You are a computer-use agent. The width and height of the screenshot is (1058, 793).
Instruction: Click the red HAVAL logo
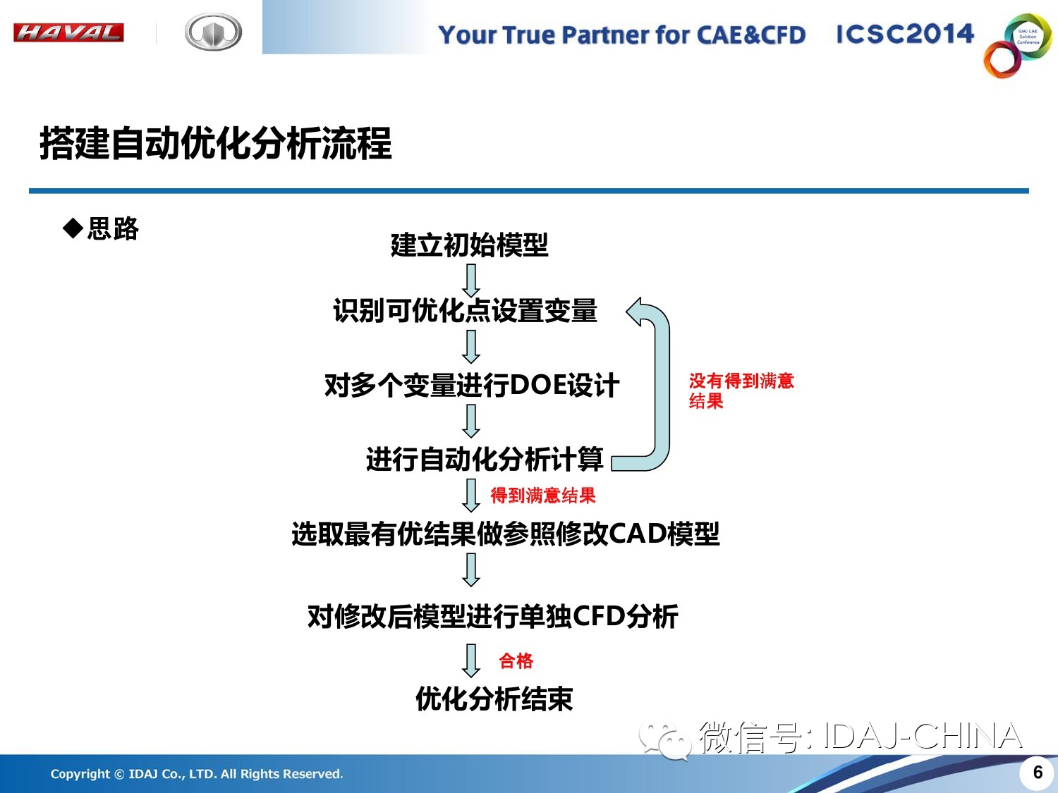point(68,32)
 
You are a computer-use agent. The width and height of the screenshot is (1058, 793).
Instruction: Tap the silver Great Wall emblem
point(213,32)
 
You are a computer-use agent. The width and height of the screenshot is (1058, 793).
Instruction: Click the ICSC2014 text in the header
point(905,34)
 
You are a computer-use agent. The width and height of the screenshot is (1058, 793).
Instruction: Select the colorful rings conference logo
point(1017,45)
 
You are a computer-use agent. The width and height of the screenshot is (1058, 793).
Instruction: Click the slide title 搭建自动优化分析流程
point(215,144)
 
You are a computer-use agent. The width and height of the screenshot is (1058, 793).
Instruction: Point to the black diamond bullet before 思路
point(73,228)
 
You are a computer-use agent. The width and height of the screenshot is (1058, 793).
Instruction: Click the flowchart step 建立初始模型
point(470,245)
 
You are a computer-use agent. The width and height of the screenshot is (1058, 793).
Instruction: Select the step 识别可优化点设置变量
point(465,310)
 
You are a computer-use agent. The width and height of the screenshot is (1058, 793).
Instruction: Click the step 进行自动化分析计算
point(485,459)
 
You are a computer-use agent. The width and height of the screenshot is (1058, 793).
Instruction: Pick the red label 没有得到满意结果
point(741,391)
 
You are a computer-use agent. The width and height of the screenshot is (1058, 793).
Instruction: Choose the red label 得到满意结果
point(543,496)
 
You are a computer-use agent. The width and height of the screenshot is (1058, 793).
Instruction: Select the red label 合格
point(516,660)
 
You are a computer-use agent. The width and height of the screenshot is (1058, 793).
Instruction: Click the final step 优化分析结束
point(494,699)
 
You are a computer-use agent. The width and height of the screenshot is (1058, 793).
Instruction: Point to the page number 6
point(1038,773)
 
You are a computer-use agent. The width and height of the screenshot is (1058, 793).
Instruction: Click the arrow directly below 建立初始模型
point(471,281)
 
